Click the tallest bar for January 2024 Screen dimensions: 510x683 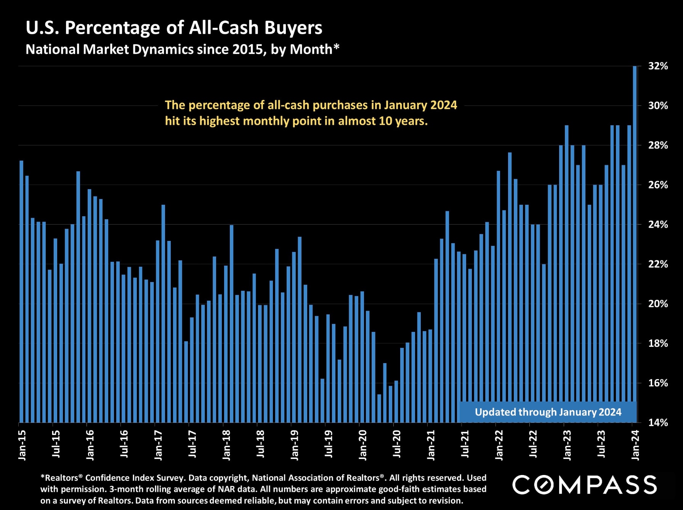(635, 244)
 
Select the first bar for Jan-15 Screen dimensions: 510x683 (21, 291)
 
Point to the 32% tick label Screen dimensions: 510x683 (658, 66)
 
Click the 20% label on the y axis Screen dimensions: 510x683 (658, 304)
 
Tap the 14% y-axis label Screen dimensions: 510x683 (658, 422)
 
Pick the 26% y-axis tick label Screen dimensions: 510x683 (658, 185)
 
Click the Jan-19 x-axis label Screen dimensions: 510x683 (295, 445)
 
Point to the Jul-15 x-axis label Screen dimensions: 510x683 (56, 444)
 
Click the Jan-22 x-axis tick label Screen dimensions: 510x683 (499, 445)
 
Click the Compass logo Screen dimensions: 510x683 (584, 485)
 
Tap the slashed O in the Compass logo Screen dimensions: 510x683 (544, 485)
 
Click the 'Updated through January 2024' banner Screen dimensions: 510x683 (548, 412)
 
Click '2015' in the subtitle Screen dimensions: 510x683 (248, 49)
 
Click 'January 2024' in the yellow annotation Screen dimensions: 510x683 (420, 105)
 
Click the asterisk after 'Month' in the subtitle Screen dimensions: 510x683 (336, 47)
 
